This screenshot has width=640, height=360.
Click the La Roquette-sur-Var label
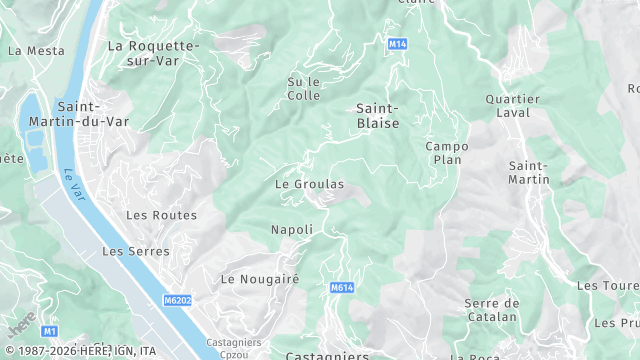click(153, 53)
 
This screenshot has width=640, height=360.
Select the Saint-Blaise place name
click(377, 115)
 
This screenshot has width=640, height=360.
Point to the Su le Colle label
click(303, 89)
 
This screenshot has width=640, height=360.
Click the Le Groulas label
click(309, 184)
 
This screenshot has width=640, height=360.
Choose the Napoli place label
click(292, 229)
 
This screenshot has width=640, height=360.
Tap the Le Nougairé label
click(260, 279)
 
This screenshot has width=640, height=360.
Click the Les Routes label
click(161, 215)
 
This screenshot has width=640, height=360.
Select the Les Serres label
click(136, 251)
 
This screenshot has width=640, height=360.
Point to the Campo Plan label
click(446, 153)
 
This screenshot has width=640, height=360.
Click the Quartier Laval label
click(512, 106)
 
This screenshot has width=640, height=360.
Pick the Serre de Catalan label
click(491, 310)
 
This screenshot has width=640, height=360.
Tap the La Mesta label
click(36, 50)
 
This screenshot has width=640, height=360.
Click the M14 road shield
click(398, 45)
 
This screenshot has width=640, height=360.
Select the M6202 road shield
click(177, 299)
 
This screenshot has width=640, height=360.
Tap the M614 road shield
click(342, 287)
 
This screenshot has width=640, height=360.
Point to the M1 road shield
click(48, 330)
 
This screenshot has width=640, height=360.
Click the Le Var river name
click(71, 181)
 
